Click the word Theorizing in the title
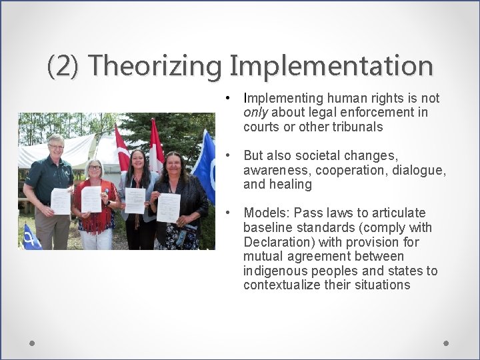tap(157, 66)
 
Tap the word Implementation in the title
tap(331, 66)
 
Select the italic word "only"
tap(256, 113)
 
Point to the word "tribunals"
tap(359, 127)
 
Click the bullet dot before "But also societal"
tap(228, 155)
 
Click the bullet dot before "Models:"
tap(228, 213)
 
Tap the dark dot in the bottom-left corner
tap(32, 343)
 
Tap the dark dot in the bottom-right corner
tap(446, 343)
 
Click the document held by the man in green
tap(61, 201)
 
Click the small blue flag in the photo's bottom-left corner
tap(29, 236)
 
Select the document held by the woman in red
tap(91, 199)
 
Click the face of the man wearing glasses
tap(56, 146)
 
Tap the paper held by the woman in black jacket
tap(168, 207)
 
